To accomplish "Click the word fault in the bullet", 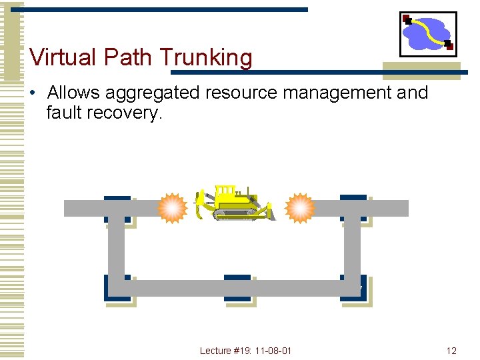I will [64, 113].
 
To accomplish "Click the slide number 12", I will [451, 351].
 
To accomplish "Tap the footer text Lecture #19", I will [223, 351].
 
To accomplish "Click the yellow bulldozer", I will [233, 203].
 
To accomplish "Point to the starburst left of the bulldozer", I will [173, 209].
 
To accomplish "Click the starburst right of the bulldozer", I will [299, 209].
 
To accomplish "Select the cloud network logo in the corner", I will [428, 33].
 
